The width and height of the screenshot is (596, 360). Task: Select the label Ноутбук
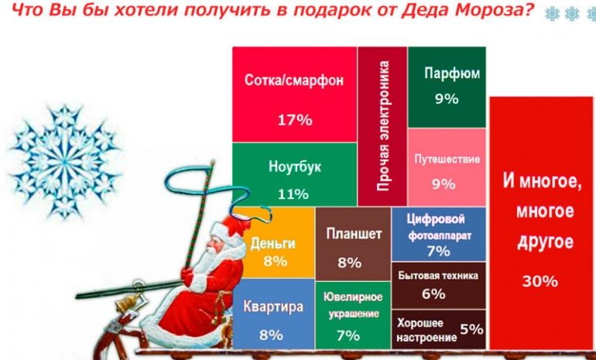point(294,167)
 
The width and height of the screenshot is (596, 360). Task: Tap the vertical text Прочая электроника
point(382,128)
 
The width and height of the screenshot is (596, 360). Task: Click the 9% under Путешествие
point(443,183)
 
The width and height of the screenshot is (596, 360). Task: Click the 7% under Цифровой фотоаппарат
point(438,251)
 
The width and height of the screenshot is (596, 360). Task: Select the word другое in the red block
point(543,242)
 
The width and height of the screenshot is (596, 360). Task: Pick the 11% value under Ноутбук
point(294,193)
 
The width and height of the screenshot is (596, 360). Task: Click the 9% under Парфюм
point(447,98)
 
